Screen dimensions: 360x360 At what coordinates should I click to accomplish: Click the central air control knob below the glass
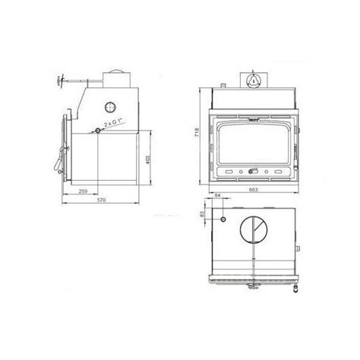pyautogui.click(x=251, y=172)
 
